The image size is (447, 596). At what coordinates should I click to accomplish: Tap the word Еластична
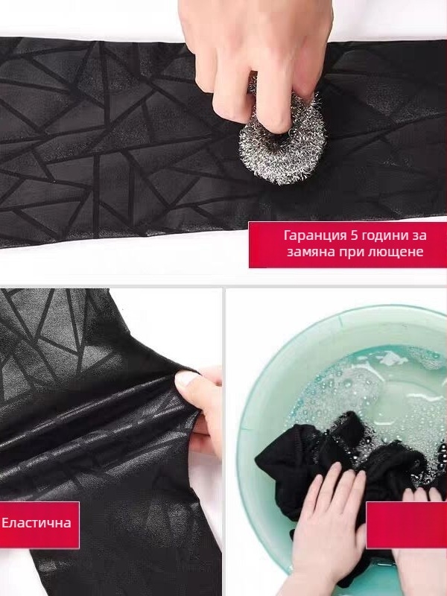coord(37,523)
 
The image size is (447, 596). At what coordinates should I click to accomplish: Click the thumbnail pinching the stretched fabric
coord(187,378)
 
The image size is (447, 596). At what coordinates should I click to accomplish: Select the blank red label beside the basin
coord(406,525)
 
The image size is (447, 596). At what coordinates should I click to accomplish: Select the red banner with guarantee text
coord(348,245)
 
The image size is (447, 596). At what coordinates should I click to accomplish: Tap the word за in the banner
coord(418,235)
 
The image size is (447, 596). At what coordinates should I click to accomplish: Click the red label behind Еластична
coord(39,525)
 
